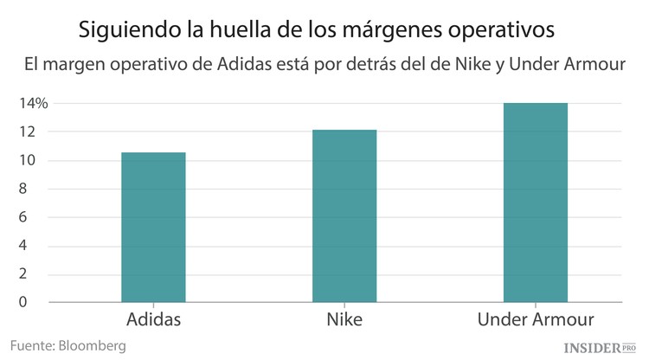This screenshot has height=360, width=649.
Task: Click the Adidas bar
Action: (153, 228)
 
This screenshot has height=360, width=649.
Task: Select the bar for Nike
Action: (344, 216)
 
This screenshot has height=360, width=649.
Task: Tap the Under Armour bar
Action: (536, 202)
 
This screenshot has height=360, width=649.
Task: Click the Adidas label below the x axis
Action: (153, 321)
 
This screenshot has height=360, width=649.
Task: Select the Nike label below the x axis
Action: (344, 321)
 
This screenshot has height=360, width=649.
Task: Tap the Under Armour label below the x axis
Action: (536, 321)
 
